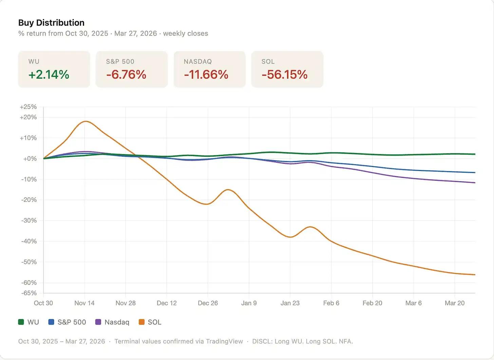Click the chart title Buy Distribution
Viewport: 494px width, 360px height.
pos(51,23)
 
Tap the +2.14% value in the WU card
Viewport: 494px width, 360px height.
pos(49,74)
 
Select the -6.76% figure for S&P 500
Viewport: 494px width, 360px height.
pos(126,74)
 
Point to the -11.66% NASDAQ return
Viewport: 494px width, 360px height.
pos(206,74)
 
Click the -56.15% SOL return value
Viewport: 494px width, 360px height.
pos(284,74)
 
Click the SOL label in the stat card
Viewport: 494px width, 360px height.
pos(268,61)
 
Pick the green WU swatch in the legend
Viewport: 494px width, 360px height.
pos(21,322)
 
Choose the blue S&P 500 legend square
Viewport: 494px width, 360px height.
pos(51,322)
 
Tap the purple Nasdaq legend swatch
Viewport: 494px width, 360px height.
pos(98,322)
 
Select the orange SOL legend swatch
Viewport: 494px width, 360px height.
pos(141,322)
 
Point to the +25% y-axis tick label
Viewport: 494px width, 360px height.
pos(28,107)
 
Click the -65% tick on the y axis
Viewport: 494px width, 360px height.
pos(29,293)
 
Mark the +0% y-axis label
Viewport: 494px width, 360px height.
pos(30,159)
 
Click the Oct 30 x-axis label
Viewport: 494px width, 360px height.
pos(43,303)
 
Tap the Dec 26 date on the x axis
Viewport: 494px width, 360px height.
pos(208,303)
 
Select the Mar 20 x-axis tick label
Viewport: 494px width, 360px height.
pos(455,303)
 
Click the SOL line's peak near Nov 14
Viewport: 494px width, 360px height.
pos(85,121)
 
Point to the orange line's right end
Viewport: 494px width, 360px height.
pos(475,274)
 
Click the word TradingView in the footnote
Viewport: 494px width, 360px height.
pos(224,341)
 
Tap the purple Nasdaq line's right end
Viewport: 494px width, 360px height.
pos(475,183)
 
